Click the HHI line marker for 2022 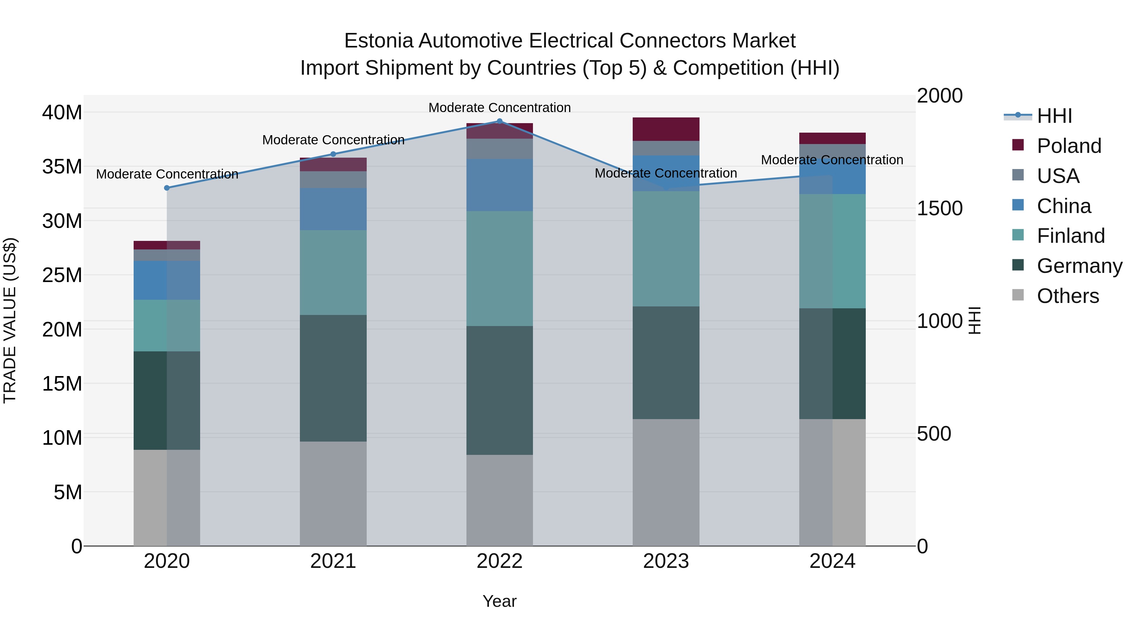tap(500, 121)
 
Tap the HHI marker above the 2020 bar tap(167, 188)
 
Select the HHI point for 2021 tap(333, 154)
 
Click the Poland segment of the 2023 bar tap(666, 129)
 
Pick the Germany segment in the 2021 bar tap(333, 378)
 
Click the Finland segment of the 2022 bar tap(500, 268)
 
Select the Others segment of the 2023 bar tap(666, 482)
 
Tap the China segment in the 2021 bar tap(333, 209)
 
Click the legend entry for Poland tap(1068, 146)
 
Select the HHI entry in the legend tap(1054, 116)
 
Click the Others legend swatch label tap(1067, 296)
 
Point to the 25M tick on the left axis tap(62, 275)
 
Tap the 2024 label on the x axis tap(832, 561)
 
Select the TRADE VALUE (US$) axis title tap(10, 320)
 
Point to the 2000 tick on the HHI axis tap(939, 96)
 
